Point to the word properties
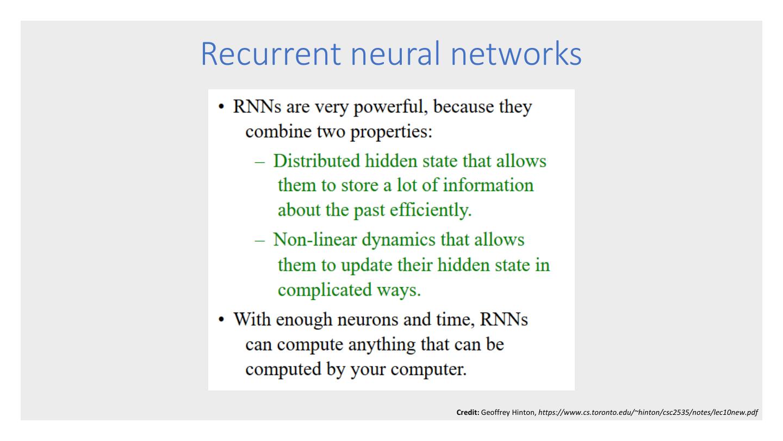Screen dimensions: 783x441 pyautogui.click(x=385, y=132)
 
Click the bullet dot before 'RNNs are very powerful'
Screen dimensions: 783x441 pyautogui.click(x=222, y=107)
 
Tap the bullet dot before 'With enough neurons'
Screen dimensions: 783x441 pyautogui.click(x=222, y=319)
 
